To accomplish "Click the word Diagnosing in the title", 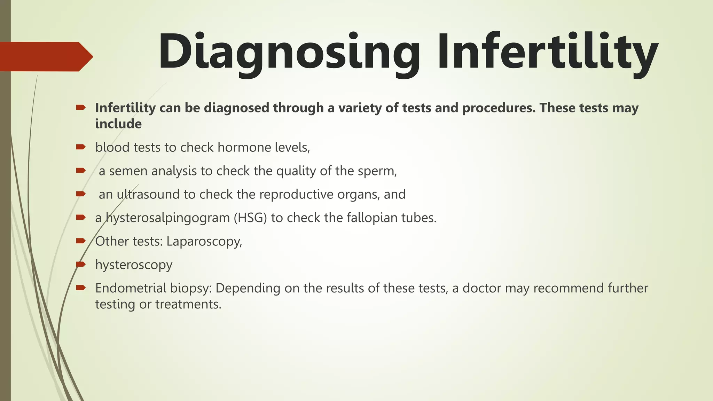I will pos(289,52).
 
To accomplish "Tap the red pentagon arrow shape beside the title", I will pos(45,56).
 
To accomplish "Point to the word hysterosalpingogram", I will pos(167,218).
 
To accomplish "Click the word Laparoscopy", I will pos(204,241).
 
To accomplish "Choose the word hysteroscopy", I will pos(134,265).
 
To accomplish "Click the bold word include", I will pos(118,124).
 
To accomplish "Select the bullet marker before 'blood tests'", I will pos(81,147).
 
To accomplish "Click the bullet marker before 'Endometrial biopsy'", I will pos(81,288).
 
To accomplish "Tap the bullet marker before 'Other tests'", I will pos(81,241).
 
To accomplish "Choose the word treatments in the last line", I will pos(188,304).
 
